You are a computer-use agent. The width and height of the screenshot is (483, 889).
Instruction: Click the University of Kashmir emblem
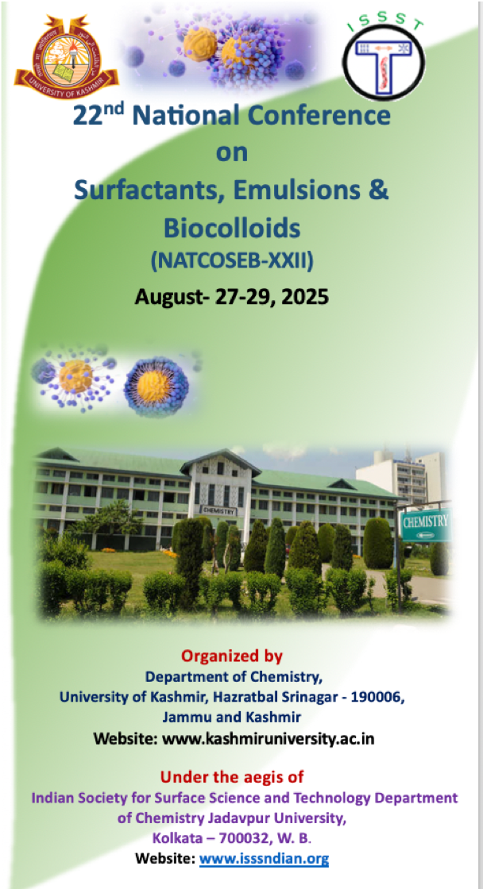click(x=66, y=58)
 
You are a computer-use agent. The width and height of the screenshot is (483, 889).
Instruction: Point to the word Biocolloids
click(x=231, y=228)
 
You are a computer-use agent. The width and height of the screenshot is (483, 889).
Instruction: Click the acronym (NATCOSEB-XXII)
click(x=232, y=261)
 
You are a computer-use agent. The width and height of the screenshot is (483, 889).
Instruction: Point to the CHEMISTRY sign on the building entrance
click(x=218, y=510)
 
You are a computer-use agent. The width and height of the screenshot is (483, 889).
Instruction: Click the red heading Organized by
click(x=231, y=656)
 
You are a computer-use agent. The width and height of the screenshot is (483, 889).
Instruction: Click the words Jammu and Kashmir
click(x=231, y=718)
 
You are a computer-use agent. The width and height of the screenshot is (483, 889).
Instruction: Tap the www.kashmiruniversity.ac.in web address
click(x=269, y=739)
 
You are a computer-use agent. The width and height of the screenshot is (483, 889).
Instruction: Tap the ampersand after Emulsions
click(x=375, y=190)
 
